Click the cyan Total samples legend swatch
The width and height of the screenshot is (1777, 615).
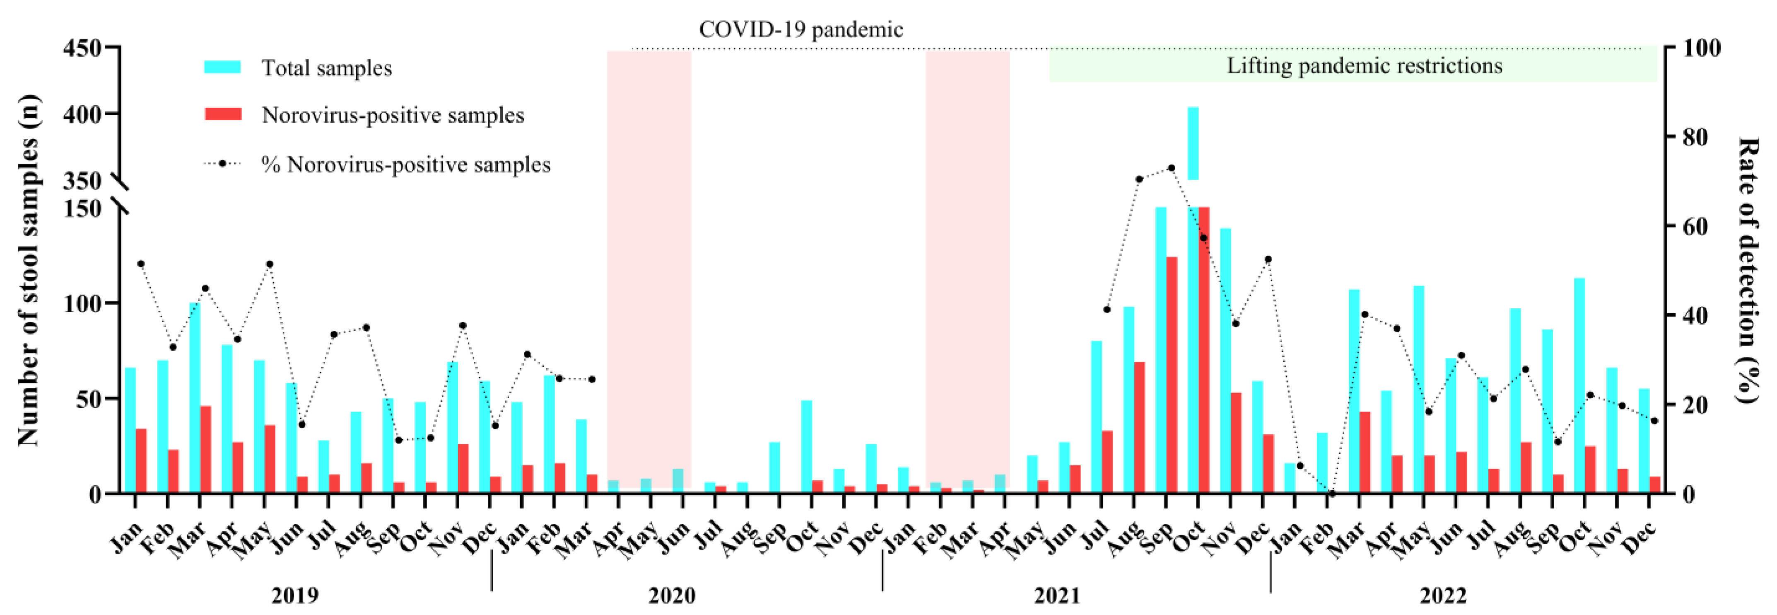click(x=222, y=67)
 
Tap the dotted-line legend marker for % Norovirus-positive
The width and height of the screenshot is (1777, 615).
click(x=222, y=164)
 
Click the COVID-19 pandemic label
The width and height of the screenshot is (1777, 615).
click(x=800, y=30)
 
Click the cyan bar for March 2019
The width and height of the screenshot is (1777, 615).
click(x=195, y=397)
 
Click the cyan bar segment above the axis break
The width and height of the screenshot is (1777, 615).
click(x=1193, y=143)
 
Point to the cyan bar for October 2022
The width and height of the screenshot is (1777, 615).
click(x=1579, y=385)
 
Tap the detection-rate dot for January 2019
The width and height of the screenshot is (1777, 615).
click(x=141, y=264)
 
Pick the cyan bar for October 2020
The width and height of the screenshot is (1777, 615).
click(x=806, y=447)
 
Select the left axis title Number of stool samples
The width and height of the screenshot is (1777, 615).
click(x=28, y=269)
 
